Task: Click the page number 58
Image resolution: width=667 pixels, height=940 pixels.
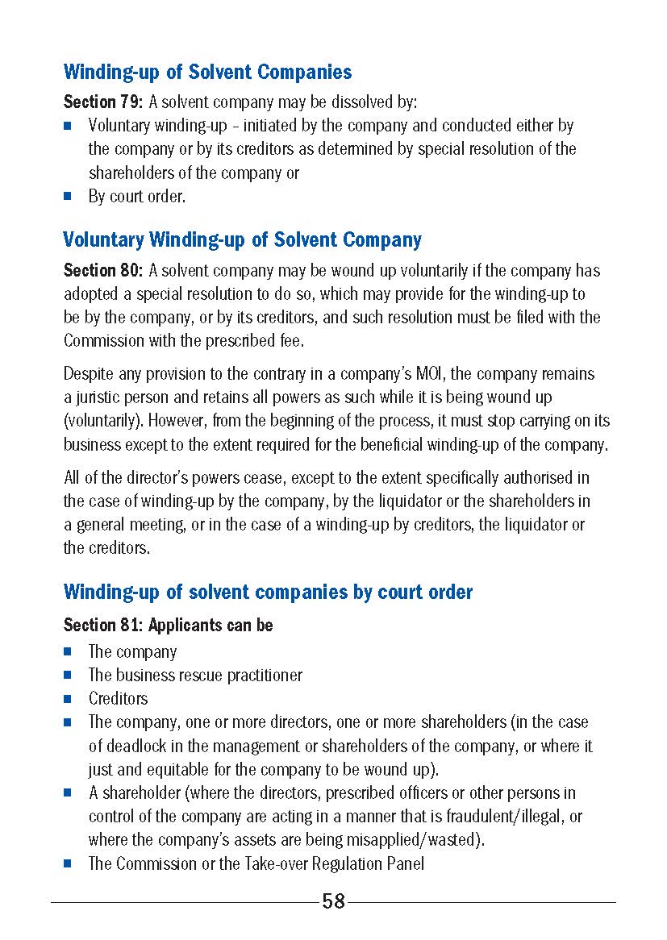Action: pyautogui.click(x=333, y=901)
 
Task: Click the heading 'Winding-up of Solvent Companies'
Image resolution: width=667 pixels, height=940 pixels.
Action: pyautogui.click(x=207, y=72)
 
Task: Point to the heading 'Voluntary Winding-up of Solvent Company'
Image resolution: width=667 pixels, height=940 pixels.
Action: pyautogui.click(x=242, y=239)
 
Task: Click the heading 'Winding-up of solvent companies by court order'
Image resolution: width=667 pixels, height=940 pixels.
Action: pyautogui.click(x=268, y=592)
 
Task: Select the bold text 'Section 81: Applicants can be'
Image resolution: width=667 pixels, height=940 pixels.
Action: pyautogui.click(x=168, y=625)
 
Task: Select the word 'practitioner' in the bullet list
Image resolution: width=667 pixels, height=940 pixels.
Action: pyautogui.click(x=261, y=675)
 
